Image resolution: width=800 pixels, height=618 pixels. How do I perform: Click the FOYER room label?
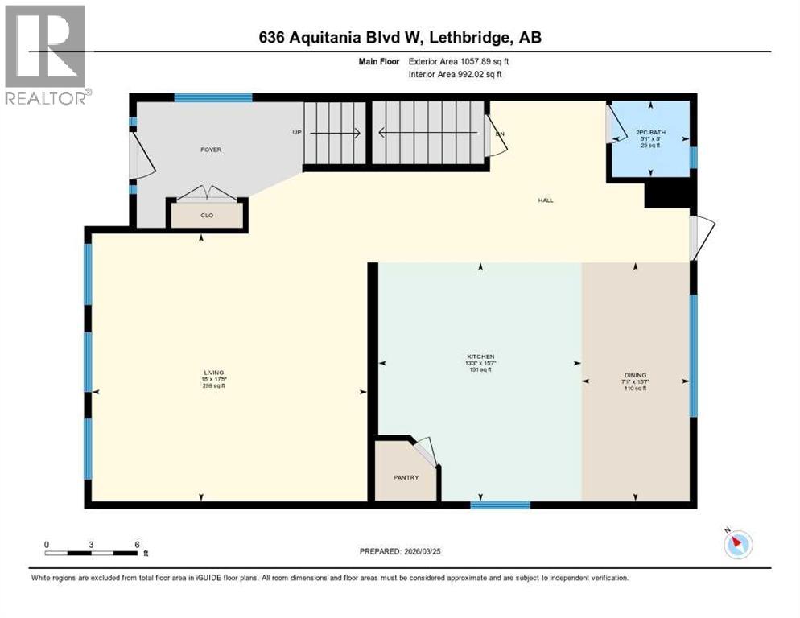(211, 150)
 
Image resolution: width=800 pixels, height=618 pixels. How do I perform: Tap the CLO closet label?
(206, 216)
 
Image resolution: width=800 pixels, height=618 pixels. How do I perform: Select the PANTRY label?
(406, 477)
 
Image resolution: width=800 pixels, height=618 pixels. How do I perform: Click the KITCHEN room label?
(480, 356)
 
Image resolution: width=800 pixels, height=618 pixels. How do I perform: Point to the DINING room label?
(635, 374)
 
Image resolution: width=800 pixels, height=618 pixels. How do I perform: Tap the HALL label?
(546, 200)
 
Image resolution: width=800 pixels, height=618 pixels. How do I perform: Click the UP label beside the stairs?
(297, 133)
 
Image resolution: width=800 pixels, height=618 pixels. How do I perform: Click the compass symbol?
(736, 544)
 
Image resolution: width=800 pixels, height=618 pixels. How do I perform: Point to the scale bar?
(91, 553)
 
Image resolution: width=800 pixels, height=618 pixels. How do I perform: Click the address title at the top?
(400, 38)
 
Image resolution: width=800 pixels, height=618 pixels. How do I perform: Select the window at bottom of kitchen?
(500, 505)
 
